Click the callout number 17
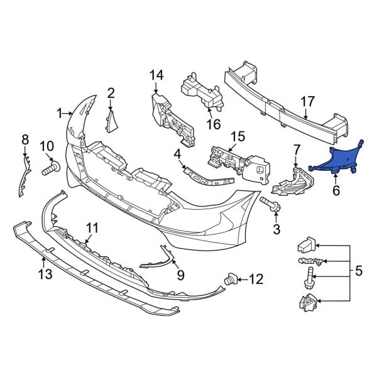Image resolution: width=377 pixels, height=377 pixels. point(307,101)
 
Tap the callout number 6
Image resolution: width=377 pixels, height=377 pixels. point(336,189)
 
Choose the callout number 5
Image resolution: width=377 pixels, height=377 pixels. point(359,271)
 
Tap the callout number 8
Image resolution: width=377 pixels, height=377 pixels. point(25,139)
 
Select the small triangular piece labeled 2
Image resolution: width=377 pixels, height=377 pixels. point(113,120)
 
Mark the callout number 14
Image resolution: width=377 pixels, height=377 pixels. point(156,76)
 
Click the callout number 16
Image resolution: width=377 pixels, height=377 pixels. point(214,124)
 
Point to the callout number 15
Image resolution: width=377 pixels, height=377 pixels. point(237,136)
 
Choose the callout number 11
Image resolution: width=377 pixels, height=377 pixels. point(92,227)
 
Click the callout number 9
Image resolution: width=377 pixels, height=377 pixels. point(180,274)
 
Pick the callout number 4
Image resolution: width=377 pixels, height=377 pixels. point(178,153)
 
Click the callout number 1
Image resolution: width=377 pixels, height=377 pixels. point(60,114)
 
